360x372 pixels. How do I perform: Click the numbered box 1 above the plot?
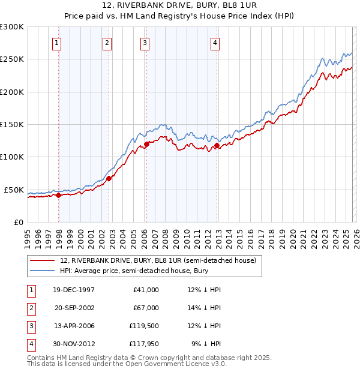coord(56,43)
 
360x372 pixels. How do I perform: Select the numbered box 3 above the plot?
coord(145,43)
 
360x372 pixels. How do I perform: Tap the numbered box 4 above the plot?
coord(215,43)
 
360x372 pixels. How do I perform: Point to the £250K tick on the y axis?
coord(12,59)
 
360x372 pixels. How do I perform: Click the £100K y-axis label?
coord(12,157)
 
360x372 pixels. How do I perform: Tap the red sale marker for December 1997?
coord(59,195)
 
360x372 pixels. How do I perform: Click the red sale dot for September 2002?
coord(109,178)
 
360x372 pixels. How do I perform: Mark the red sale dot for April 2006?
coord(146,144)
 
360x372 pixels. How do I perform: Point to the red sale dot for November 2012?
coord(217,145)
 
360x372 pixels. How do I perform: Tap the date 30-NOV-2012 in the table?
coord(73,344)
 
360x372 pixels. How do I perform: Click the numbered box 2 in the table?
coord(30,308)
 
